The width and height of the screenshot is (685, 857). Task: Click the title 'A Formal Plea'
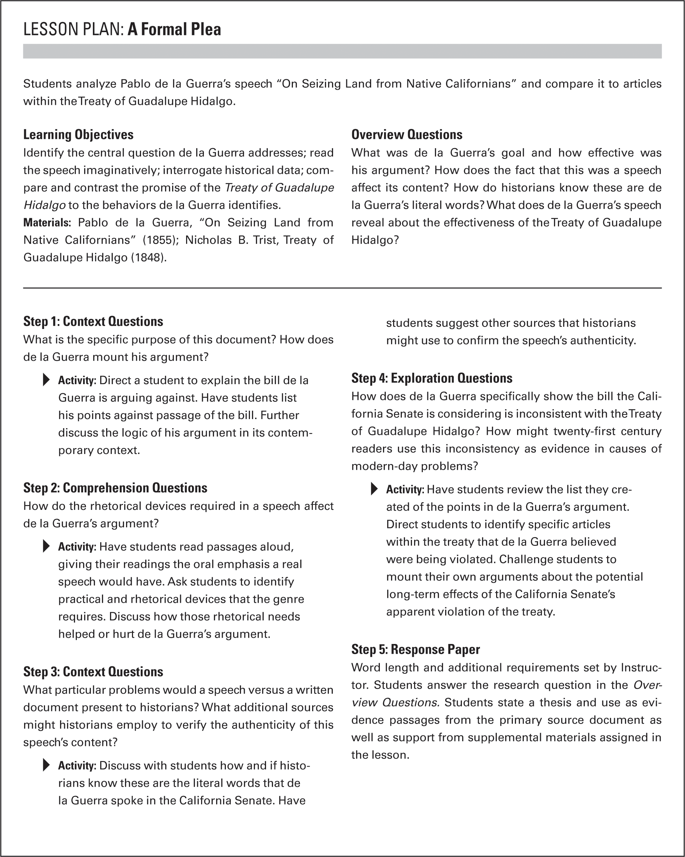tap(174, 30)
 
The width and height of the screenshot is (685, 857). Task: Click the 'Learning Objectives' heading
tap(78, 135)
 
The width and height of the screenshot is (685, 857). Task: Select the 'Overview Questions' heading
tap(406, 135)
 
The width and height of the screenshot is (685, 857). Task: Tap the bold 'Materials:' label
tap(47, 222)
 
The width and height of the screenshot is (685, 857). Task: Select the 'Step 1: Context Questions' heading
tap(93, 322)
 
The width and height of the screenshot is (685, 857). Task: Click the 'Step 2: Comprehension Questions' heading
tap(115, 488)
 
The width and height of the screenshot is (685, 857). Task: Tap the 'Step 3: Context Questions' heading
tap(93, 672)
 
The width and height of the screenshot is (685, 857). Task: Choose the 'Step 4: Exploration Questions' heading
tap(432, 378)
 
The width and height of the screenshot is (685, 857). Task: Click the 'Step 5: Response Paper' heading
tap(415, 650)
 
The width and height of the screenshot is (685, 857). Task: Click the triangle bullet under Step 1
tap(46, 380)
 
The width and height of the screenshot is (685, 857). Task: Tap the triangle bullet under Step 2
tap(46, 547)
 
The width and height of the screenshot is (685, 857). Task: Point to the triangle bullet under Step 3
tap(46, 765)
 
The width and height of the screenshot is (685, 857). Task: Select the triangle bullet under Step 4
tap(374, 489)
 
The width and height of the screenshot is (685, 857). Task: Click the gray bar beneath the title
tap(342, 51)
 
